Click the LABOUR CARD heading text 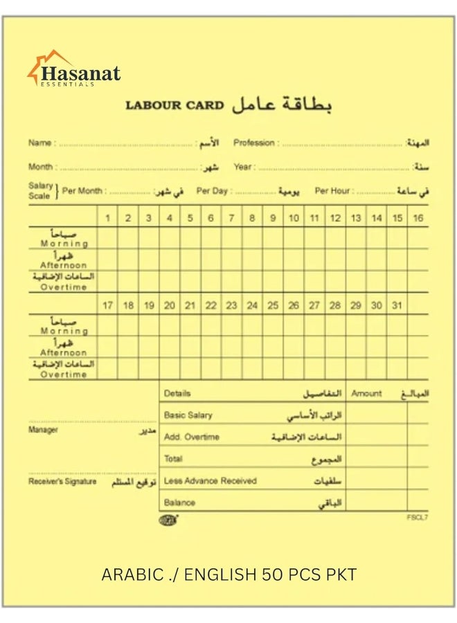(174, 106)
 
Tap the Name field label (39, 143)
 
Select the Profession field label (254, 143)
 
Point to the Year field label (242, 167)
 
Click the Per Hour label (332, 191)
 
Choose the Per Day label (212, 191)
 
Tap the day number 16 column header (418, 218)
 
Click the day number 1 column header (107, 218)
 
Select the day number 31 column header (396, 305)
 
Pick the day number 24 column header (252, 305)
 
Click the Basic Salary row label (188, 415)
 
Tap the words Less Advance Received (210, 480)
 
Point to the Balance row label (179, 503)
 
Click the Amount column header (366, 393)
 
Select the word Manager (43, 430)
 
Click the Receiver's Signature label (62, 481)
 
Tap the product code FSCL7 (418, 517)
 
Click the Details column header (177, 393)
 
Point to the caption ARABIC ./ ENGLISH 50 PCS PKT (229, 575)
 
